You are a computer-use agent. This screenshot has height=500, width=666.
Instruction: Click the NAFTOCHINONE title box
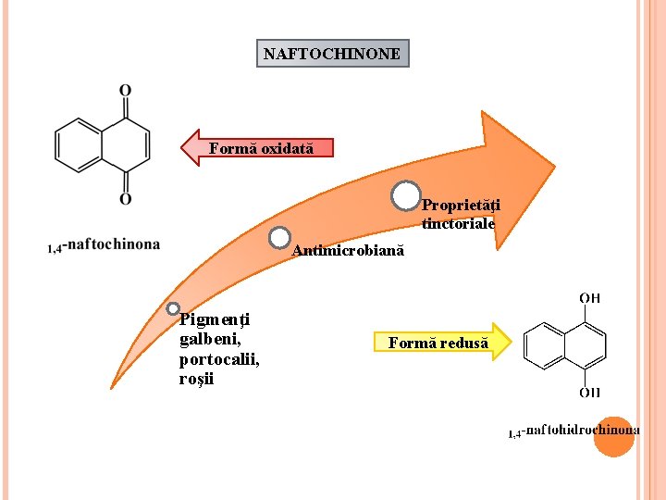pyautogui.click(x=332, y=54)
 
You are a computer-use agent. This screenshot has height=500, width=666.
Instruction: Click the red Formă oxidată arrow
pyautogui.click(x=256, y=148)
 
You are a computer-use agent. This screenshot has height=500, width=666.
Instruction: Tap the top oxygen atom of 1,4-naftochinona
pyautogui.click(x=125, y=91)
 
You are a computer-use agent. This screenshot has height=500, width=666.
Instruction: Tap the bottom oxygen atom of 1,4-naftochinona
pyautogui.click(x=125, y=198)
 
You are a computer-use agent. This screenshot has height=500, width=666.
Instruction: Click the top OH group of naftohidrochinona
pyautogui.click(x=589, y=298)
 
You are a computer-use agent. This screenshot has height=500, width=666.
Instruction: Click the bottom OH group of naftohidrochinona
pyautogui.click(x=589, y=393)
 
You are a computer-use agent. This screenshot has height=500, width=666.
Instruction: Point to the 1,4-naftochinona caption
pyautogui.click(x=104, y=245)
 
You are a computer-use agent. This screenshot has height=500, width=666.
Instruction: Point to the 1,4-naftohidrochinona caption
pyautogui.click(x=573, y=431)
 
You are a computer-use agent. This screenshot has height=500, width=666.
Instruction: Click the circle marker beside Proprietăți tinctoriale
pyautogui.click(x=405, y=196)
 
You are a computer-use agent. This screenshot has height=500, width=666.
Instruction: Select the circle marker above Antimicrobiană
pyautogui.click(x=279, y=238)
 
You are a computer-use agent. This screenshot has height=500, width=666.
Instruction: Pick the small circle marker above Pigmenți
pyautogui.click(x=173, y=308)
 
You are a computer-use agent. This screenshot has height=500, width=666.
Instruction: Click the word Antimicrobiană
pyautogui.click(x=348, y=251)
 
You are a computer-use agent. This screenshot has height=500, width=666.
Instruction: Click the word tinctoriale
pyautogui.click(x=459, y=223)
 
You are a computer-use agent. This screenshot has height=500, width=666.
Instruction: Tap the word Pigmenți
pyautogui.click(x=215, y=320)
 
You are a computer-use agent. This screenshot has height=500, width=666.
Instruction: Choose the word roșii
pyautogui.click(x=196, y=379)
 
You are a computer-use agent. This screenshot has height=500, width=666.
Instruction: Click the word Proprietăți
pyautogui.click(x=461, y=206)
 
